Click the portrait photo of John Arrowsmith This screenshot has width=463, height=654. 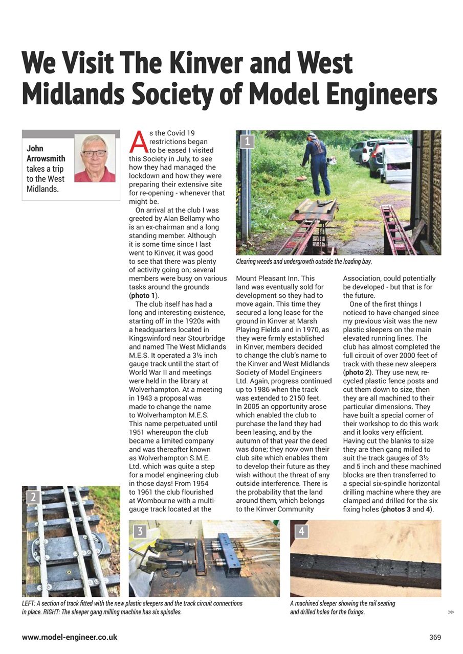95,158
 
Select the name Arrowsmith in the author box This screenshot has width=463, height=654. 46,159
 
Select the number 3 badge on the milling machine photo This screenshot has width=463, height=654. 140,531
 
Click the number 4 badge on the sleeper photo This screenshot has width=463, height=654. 301,531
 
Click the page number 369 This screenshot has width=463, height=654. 435,637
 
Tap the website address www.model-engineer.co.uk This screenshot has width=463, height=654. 70,637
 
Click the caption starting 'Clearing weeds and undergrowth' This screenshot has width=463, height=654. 303,262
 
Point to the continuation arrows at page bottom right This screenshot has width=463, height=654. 451,612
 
